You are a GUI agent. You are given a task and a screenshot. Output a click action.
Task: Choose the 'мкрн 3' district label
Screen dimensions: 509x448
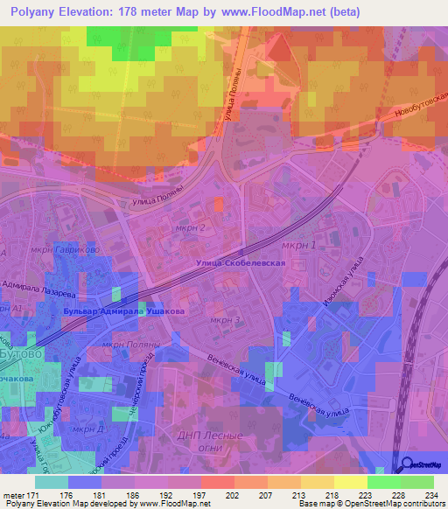point(225,320)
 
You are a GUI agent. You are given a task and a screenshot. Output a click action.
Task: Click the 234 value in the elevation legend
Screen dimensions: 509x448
point(429,496)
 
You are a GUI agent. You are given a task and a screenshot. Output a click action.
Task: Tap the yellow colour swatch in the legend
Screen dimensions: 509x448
point(350,482)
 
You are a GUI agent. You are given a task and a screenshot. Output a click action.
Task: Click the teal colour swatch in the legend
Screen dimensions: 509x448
point(51,482)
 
